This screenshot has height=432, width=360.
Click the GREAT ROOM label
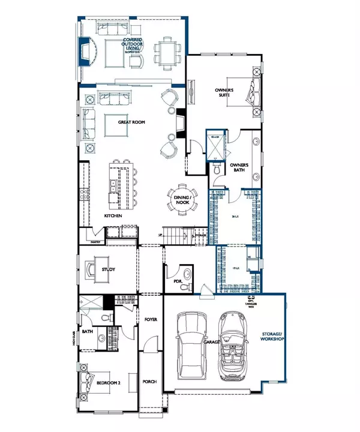click(x=131, y=122)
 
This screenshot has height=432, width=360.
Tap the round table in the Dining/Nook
click(x=181, y=200)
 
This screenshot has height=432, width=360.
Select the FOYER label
click(x=150, y=320)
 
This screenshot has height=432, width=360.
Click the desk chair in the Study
click(x=90, y=270)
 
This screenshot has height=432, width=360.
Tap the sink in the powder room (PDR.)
click(x=187, y=275)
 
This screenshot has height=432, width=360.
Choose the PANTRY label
click(x=95, y=242)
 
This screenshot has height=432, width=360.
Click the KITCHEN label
click(x=113, y=215)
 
